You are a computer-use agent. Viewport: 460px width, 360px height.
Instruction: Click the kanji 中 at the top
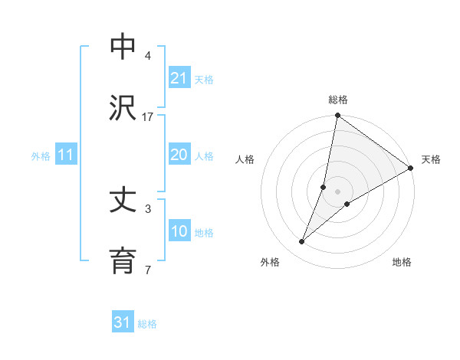click(x=123, y=47)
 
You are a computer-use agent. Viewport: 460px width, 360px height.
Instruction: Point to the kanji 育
click(x=123, y=261)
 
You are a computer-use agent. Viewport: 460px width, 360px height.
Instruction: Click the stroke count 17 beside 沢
click(x=148, y=116)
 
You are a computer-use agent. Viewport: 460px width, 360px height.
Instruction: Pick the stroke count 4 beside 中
click(x=148, y=56)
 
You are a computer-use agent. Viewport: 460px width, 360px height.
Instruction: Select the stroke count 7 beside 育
click(x=148, y=270)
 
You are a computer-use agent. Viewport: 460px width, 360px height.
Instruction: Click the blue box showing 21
click(x=179, y=78)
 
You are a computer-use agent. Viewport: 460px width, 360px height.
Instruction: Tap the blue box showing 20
click(x=179, y=155)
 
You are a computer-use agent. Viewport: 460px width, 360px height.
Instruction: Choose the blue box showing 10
click(x=179, y=231)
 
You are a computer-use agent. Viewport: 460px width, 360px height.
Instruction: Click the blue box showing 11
click(x=66, y=155)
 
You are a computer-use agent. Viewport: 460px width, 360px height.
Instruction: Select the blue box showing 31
click(x=122, y=322)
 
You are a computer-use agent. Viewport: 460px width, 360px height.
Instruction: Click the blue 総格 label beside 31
click(x=147, y=324)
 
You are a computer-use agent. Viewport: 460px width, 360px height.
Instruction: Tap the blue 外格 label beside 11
click(x=41, y=156)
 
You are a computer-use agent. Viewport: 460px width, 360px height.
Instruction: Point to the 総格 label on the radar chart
click(x=338, y=100)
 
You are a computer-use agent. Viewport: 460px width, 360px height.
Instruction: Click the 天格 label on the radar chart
click(x=431, y=159)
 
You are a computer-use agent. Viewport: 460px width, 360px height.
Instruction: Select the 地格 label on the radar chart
click(x=402, y=262)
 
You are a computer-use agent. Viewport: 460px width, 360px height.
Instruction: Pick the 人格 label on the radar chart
click(x=245, y=159)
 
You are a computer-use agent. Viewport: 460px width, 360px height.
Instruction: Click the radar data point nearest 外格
click(x=302, y=242)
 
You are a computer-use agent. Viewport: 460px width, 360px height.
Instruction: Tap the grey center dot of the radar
click(x=338, y=191)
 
